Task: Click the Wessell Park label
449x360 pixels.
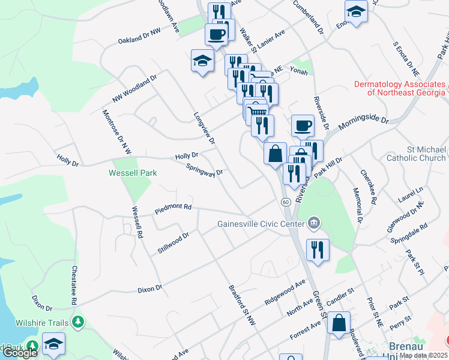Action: click(x=133, y=173)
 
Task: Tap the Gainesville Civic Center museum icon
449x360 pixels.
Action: click(x=313, y=224)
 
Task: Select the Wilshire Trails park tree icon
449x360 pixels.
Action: click(x=77, y=323)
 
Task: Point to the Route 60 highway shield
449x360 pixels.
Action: click(x=286, y=203)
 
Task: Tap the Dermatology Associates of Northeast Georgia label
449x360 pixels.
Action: click(x=399, y=88)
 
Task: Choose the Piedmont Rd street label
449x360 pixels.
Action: click(x=173, y=208)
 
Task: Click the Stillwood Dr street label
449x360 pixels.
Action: click(x=173, y=243)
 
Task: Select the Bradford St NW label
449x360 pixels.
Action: click(x=243, y=305)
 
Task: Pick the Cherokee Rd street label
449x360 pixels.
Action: click(x=367, y=187)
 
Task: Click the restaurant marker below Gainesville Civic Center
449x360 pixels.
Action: click(x=318, y=250)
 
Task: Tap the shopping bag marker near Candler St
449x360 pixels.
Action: click(x=339, y=322)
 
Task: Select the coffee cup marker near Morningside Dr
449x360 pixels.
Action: click(x=303, y=126)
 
